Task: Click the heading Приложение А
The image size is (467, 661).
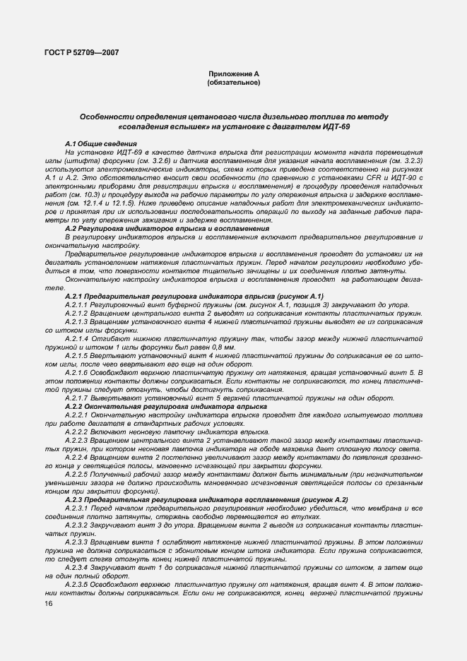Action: pos(233,74)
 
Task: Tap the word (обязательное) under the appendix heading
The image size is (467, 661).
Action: pos(233,83)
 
